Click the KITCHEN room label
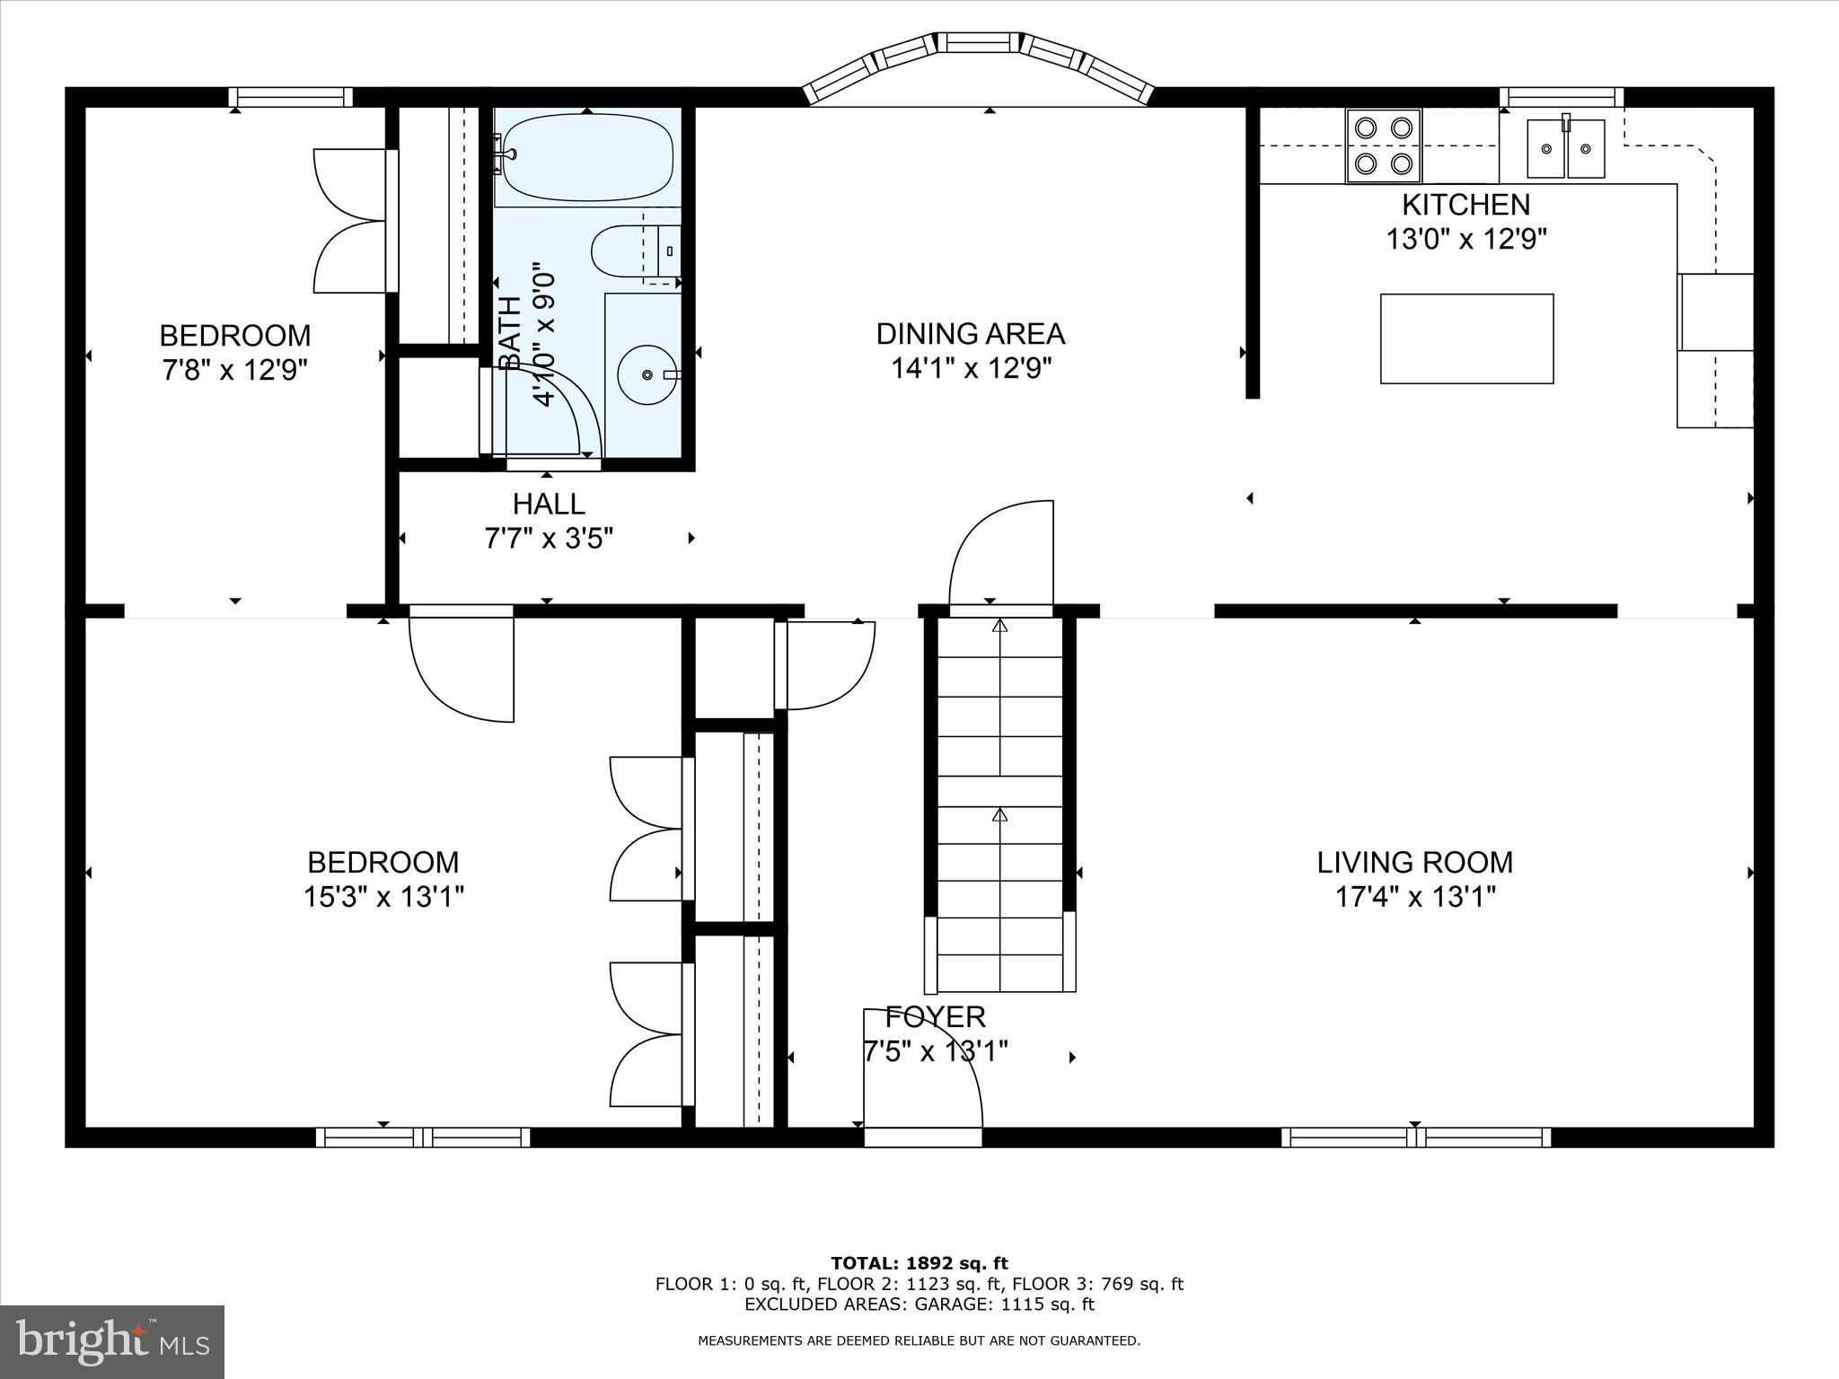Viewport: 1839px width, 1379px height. [1465, 205]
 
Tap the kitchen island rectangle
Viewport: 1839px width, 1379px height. [1466, 338]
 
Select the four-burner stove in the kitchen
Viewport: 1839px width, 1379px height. [1383, 145]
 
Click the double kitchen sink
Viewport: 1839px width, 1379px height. [1566, 148]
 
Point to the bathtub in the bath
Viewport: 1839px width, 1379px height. [587, 157]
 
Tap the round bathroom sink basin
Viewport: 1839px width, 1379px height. [647, 374]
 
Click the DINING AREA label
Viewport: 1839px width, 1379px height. [970, 334]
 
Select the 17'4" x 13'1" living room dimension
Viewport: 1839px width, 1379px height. [1414, 897]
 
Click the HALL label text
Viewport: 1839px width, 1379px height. [549, 504]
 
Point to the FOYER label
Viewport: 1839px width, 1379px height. [935, 1017]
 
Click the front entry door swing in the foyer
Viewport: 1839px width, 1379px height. [920, 1073]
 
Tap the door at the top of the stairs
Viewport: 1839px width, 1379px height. [1001, 557]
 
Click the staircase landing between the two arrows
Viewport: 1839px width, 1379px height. [1000, 791]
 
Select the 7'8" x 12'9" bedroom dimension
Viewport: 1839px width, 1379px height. [234, 370]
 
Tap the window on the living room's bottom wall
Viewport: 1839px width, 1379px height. [1416, 1137]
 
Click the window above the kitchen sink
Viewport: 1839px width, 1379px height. [1562, 97]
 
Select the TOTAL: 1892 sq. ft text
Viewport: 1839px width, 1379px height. [919, 1263]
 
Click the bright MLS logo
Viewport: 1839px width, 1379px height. [112, 1342]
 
